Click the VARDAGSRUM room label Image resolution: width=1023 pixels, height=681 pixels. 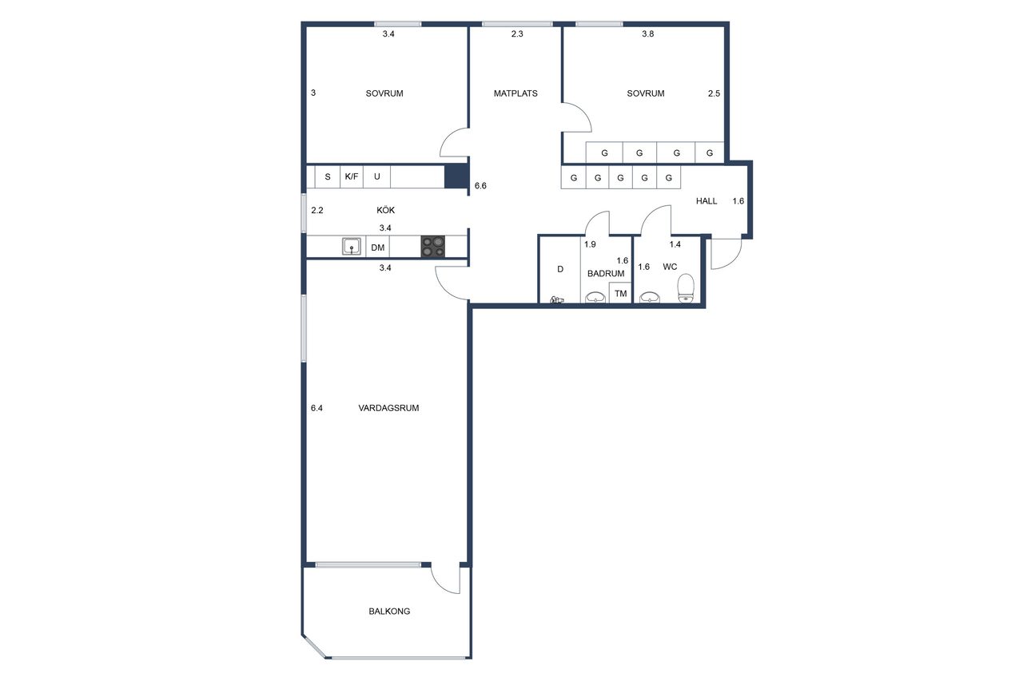coord(388,408)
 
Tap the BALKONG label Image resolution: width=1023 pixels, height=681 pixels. coord(389,612)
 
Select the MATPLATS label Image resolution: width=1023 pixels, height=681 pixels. coord(515,93)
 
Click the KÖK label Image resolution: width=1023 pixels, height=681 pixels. coord(385,210)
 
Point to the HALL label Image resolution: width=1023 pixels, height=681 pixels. coord(706,201)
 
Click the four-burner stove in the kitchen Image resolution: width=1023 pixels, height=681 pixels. coord(433,247)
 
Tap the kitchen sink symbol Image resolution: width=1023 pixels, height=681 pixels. coord(351,247)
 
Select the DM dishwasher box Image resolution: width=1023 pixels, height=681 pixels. coord(378,247)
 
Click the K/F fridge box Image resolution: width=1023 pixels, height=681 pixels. coord(351,176)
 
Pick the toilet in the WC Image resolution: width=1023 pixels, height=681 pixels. coord(686,288)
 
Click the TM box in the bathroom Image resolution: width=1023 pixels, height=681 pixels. coord(620,293)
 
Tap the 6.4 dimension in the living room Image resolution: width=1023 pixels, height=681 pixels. coord(316,408)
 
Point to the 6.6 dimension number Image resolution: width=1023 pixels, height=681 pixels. coord(480,186)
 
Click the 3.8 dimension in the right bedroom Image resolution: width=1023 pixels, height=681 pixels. coord(647,34)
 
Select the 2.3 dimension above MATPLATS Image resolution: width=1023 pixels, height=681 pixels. coord(517,34)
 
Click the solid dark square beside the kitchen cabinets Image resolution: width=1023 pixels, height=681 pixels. coord(456,176)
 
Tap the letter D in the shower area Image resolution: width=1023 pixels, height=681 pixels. coord(560,269)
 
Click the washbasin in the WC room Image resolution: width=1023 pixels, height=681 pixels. coord(650,298)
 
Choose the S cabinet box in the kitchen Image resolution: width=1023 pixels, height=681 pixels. coord(328,176)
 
